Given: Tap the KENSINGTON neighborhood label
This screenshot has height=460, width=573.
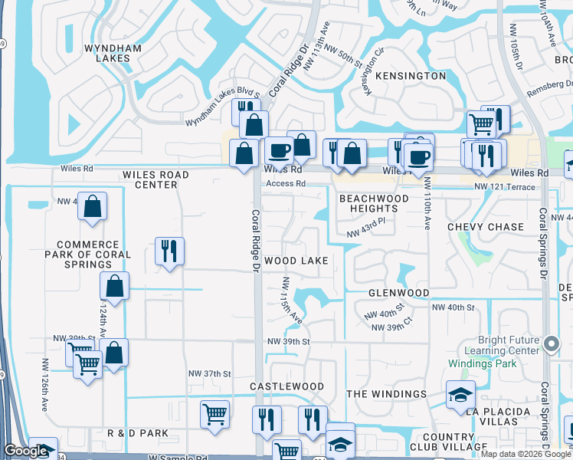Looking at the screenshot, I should (x=411, y=76).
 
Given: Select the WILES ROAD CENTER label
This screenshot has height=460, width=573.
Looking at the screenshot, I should (x=156, y=179).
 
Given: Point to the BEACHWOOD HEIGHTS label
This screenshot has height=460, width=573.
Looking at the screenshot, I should (x=374, y=203).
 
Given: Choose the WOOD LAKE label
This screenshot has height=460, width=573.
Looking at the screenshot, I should (x=296, y=261).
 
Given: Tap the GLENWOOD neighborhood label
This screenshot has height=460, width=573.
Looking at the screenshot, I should (x=398, y=293).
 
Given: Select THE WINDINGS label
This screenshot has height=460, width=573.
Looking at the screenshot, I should (x=386, y=394).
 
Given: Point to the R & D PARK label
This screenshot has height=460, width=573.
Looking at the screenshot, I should (x=138, y=433).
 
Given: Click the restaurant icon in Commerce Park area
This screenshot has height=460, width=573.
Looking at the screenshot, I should (x=169, y=251).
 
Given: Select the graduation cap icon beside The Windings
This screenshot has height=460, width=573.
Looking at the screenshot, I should (x=460, y=394).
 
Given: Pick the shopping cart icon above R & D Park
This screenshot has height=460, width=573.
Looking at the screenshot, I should (x=214, y=414).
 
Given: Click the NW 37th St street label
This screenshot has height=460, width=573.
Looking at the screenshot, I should (x=210, y=373).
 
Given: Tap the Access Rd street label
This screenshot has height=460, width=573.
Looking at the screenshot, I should (x=286, y=184).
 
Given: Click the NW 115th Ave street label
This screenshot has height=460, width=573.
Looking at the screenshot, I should (x=292, y=300).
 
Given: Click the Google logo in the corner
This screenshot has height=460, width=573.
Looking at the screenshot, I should (x=26, y=452).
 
